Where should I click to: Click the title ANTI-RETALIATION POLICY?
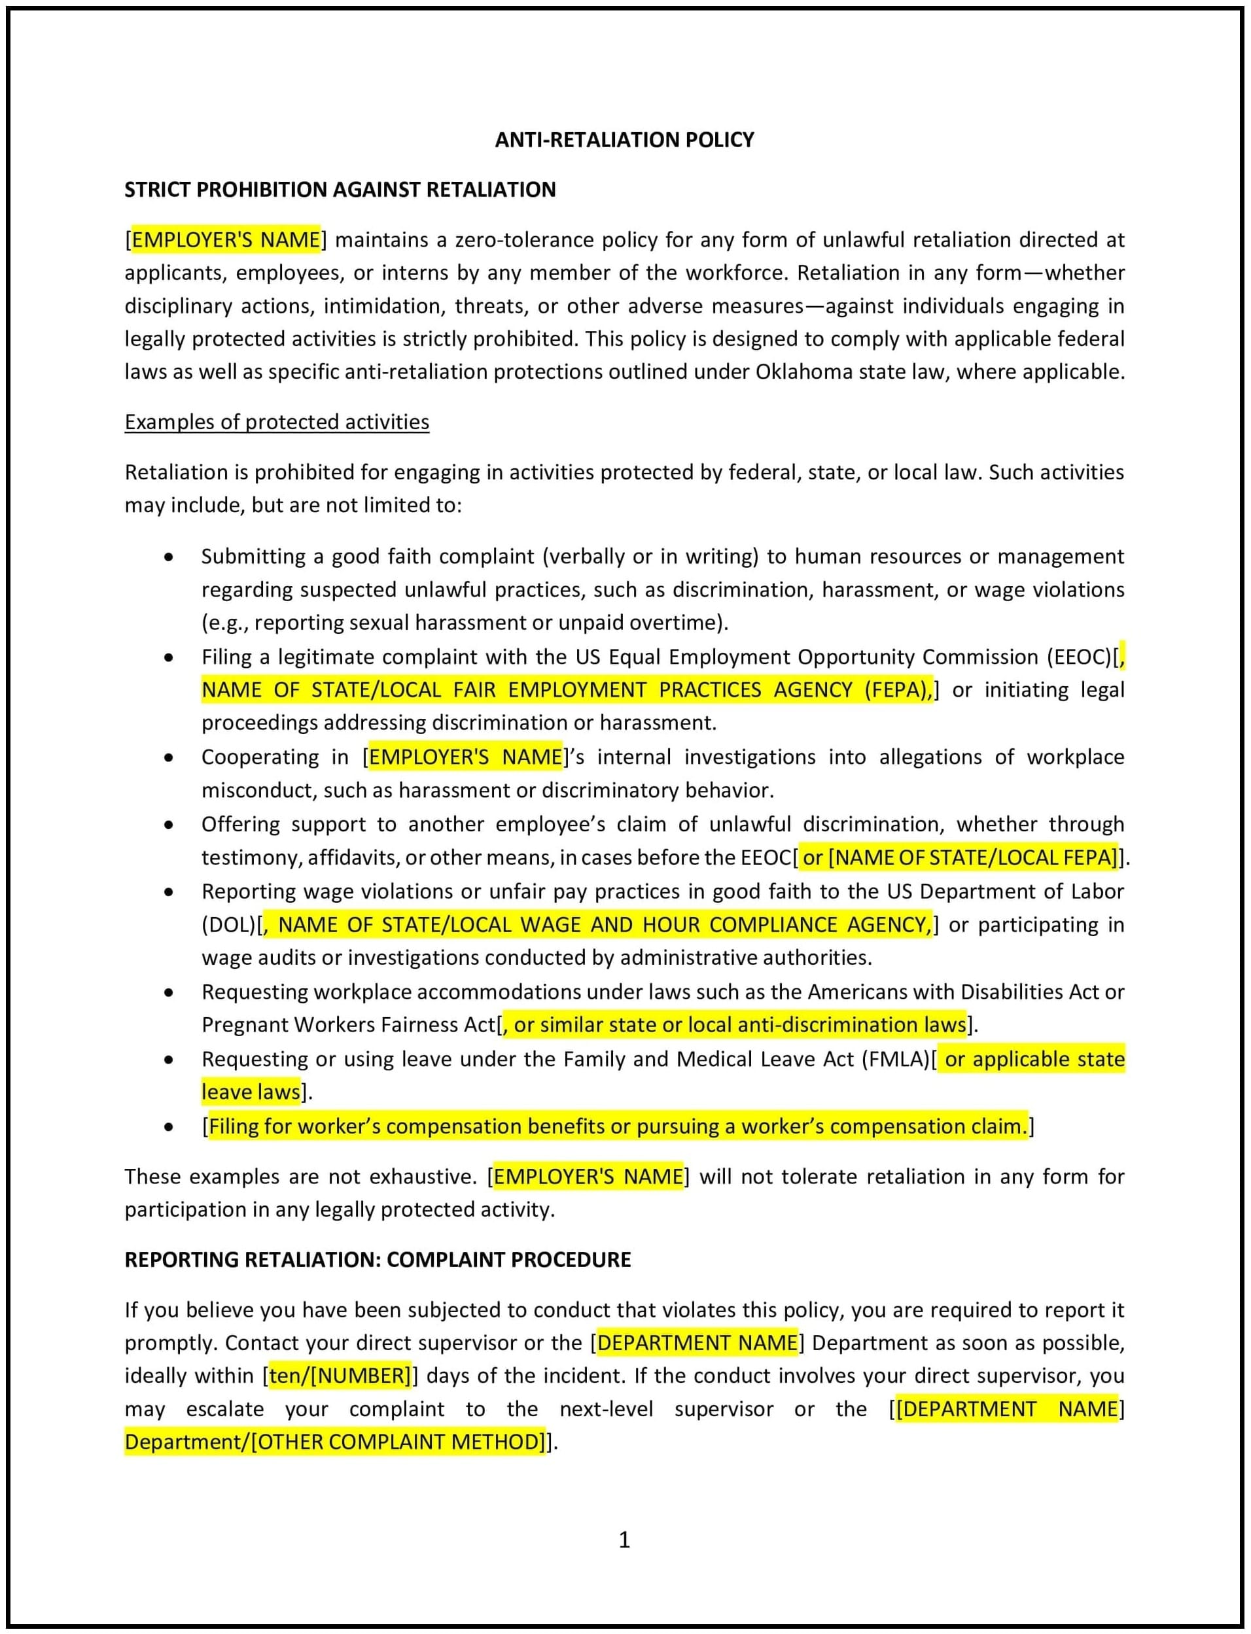624,140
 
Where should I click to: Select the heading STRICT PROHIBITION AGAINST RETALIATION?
340,190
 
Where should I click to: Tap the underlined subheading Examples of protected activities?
276,422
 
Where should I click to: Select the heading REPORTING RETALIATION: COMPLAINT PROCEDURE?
378,1260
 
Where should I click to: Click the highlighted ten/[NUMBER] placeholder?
340,1376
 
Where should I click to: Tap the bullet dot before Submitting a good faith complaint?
169,557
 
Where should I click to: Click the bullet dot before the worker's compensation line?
169,1127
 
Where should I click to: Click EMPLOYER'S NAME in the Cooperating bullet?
465,757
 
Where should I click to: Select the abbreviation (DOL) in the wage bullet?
228,924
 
